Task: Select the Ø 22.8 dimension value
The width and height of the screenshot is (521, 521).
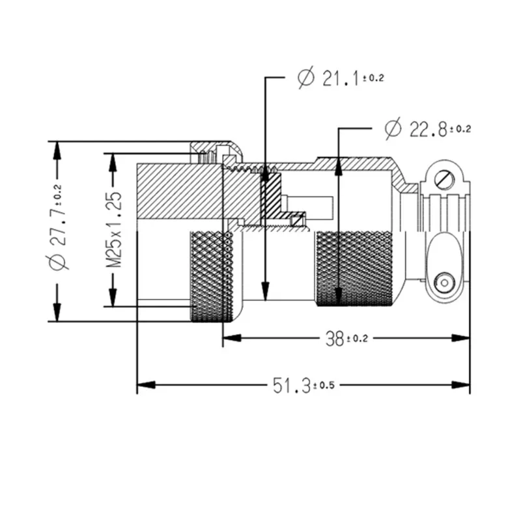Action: point(427,129)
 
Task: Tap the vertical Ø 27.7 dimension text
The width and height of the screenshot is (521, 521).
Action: point(58,231)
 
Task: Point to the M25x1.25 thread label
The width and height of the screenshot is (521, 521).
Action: point(115,229)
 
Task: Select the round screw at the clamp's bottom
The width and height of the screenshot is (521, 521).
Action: point(445,283)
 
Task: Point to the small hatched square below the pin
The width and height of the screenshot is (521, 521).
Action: point(298,221)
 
